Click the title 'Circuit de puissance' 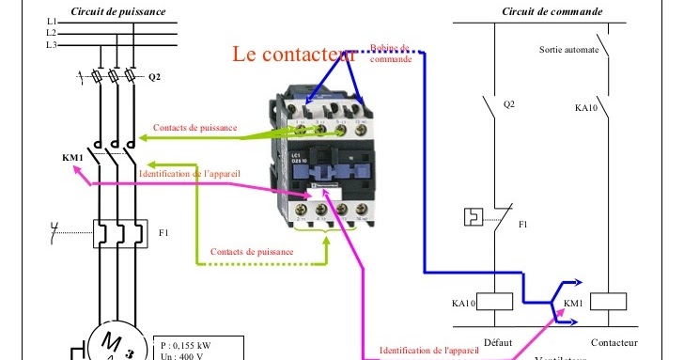tap(118, 11)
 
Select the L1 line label tap(51, 21)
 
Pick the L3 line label tap(51, 45)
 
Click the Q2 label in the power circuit tap(154, 76)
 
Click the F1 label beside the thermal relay tap(163, 231)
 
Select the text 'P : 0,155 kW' tap(186, 345)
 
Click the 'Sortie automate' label tap(568, 49)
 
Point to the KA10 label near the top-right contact tap(585, 108)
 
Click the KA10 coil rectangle tap(495, 302)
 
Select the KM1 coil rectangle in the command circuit tap(612, 302)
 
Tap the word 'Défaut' tap(498, 343)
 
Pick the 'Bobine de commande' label tap(390, 53)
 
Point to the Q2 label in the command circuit tap(509, 104)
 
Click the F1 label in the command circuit tap(523, 225)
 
